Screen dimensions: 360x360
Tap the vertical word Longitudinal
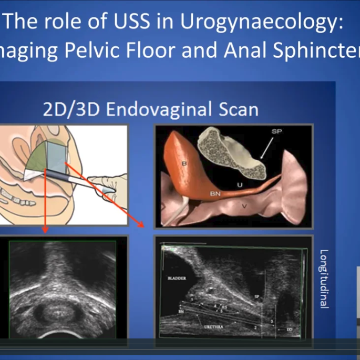click(x=324, y=278)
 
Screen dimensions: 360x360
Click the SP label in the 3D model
click(x=277, y=131)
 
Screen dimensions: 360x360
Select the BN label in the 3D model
click(x=215, y=194)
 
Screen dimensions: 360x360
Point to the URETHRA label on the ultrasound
click(x=214, y=326)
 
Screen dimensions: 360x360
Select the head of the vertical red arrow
click(x=45, y=231)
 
